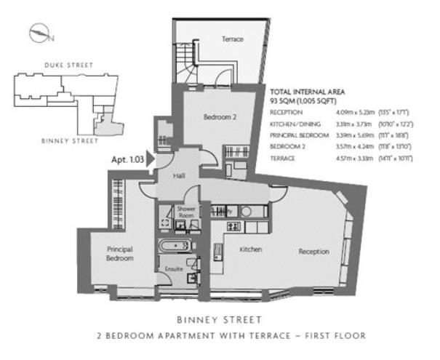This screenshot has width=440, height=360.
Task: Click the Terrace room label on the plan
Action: pos(232,39)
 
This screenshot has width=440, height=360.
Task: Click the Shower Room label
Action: pos(186,212)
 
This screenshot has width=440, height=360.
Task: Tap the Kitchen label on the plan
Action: pos(251,249)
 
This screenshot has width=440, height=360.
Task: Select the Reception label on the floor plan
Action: pos(313,252)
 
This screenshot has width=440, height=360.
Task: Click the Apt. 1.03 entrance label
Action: pos(126,157)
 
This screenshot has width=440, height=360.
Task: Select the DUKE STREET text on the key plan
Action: pos(68,65)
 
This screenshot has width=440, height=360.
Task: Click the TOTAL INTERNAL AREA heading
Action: pos(307,92)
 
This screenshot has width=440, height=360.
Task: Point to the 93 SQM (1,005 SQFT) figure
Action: pos(300,101)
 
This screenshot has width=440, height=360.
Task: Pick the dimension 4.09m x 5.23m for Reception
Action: pos(352,113)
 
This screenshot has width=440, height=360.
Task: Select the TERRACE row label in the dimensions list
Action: pos(283,158)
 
